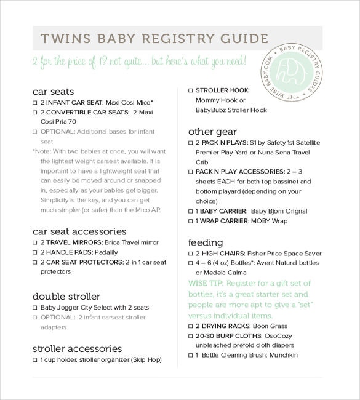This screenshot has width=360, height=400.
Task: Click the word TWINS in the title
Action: tap(60, 38)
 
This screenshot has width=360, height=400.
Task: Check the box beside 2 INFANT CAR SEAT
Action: tap(35, 103)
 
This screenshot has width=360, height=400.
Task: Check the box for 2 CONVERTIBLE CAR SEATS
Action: tap(35, 113)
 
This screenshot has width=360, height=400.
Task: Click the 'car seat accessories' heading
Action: tap(79, 231)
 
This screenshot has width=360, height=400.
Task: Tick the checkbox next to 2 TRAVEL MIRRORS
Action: tap(35, 243)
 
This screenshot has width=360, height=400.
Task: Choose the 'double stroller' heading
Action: tap(66, 296)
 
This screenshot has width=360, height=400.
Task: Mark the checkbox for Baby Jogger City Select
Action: tap(35, 308)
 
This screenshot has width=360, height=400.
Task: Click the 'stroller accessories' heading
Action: tap(77, 348)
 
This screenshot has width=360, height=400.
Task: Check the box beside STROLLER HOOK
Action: tap(190, 90)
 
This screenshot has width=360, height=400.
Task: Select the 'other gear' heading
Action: tap(212, 131)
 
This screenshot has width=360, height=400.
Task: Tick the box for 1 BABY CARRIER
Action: tap(190, 211)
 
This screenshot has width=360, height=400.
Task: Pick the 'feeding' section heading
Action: tap(206, 242)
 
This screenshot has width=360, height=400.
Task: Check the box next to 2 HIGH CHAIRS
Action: tap(190, 254)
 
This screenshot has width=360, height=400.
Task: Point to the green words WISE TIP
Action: tap(206, 283)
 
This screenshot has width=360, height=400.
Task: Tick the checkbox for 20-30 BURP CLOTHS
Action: tap(190, 336)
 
